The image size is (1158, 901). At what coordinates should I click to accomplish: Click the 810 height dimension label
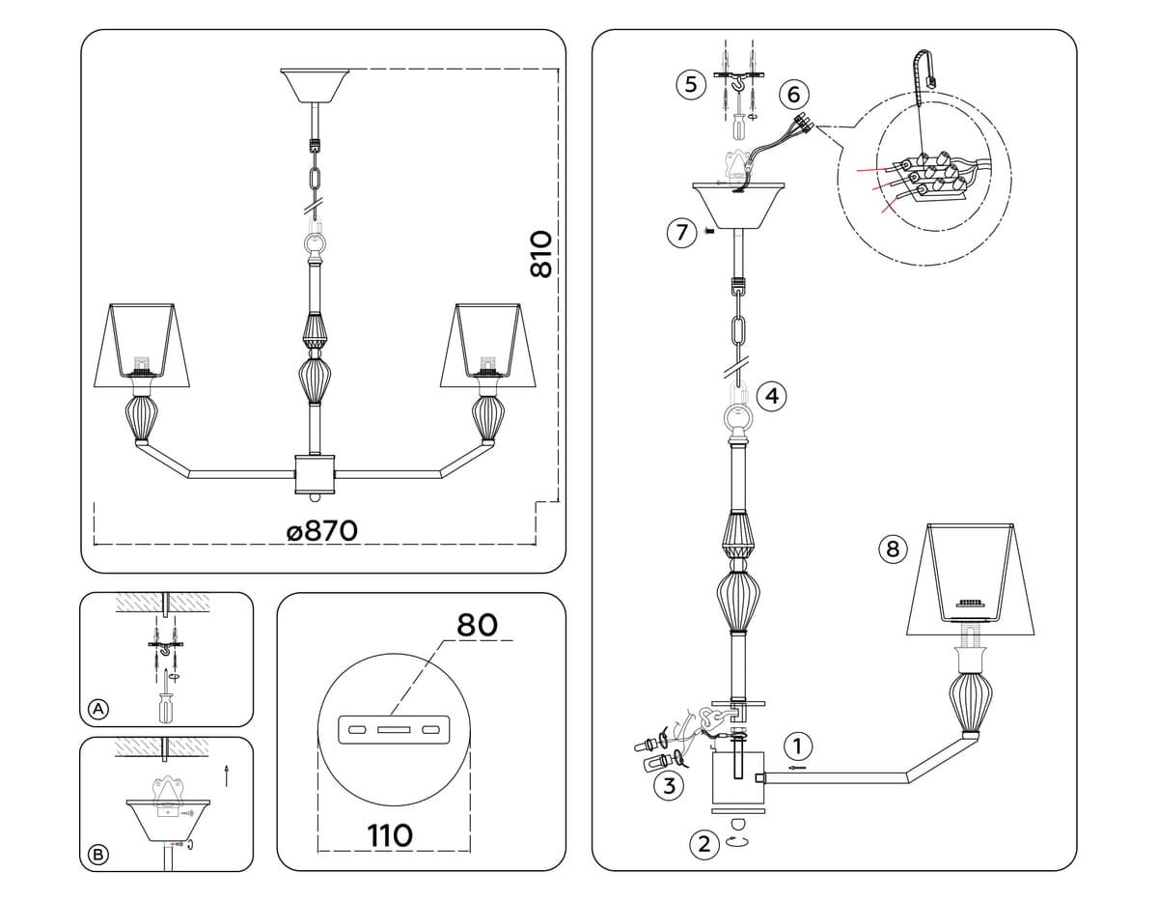[x=541, y=254]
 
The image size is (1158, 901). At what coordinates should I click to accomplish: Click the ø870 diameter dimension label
[x=322, y=531]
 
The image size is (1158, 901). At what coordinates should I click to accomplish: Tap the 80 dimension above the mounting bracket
[x=477, y=625]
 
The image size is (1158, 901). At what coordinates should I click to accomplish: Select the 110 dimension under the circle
[x=390, y=836]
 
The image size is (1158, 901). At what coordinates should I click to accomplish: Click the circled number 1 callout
[x=797, y=746]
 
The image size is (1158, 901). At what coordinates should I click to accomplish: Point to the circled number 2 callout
[x=704, y=844]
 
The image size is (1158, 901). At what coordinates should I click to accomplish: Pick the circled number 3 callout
[x=670, y=785]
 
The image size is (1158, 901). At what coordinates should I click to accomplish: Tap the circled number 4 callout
[x=772, y=396]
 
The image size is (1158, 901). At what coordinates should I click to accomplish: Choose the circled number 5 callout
[x=691, y=84]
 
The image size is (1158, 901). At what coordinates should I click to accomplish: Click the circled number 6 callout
[x=793, y=95]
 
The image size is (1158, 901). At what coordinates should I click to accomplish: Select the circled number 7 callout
[x=682, y=233]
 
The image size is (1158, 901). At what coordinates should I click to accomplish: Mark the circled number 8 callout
[x=893, y=549]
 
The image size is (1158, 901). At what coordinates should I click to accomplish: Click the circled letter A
[x=98, y=709]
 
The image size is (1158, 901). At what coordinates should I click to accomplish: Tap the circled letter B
[x=98, y=855]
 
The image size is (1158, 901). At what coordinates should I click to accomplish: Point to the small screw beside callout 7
[x=708, y=231]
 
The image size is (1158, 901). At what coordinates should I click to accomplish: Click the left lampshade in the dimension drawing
[x=142, y=345]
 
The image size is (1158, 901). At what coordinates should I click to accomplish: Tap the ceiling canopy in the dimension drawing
[x=315, y=85]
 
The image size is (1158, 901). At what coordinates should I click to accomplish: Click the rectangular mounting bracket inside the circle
[x=394, y=729]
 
